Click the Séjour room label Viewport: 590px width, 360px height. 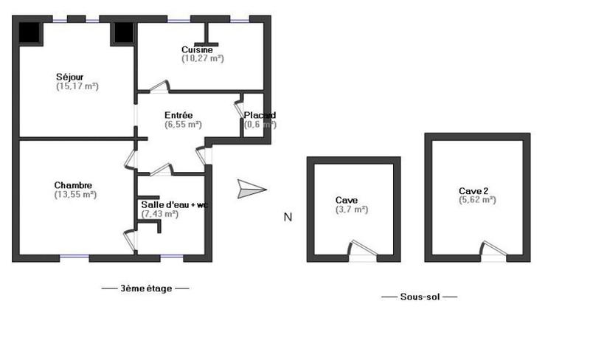point(70,76)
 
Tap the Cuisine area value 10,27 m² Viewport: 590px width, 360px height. point(203,58)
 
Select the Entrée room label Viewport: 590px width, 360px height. point(178,115)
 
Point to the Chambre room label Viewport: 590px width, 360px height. point(73,185)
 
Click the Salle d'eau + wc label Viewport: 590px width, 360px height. point(174,204)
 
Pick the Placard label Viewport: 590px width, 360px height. point(260,115)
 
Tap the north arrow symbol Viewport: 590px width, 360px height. point(251,190)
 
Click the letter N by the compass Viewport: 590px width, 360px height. point(288,217)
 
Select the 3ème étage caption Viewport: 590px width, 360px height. point(145,288)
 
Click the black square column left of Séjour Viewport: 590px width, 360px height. point(30,32)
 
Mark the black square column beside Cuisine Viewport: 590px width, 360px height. point(123,32)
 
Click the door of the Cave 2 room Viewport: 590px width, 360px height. point(493,250)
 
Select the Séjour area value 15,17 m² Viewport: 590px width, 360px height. point(77,86)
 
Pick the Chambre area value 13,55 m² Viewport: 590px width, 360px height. point(75,195)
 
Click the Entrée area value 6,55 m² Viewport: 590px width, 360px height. point(184,125)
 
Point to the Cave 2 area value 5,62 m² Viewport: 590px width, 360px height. point(477,199)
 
